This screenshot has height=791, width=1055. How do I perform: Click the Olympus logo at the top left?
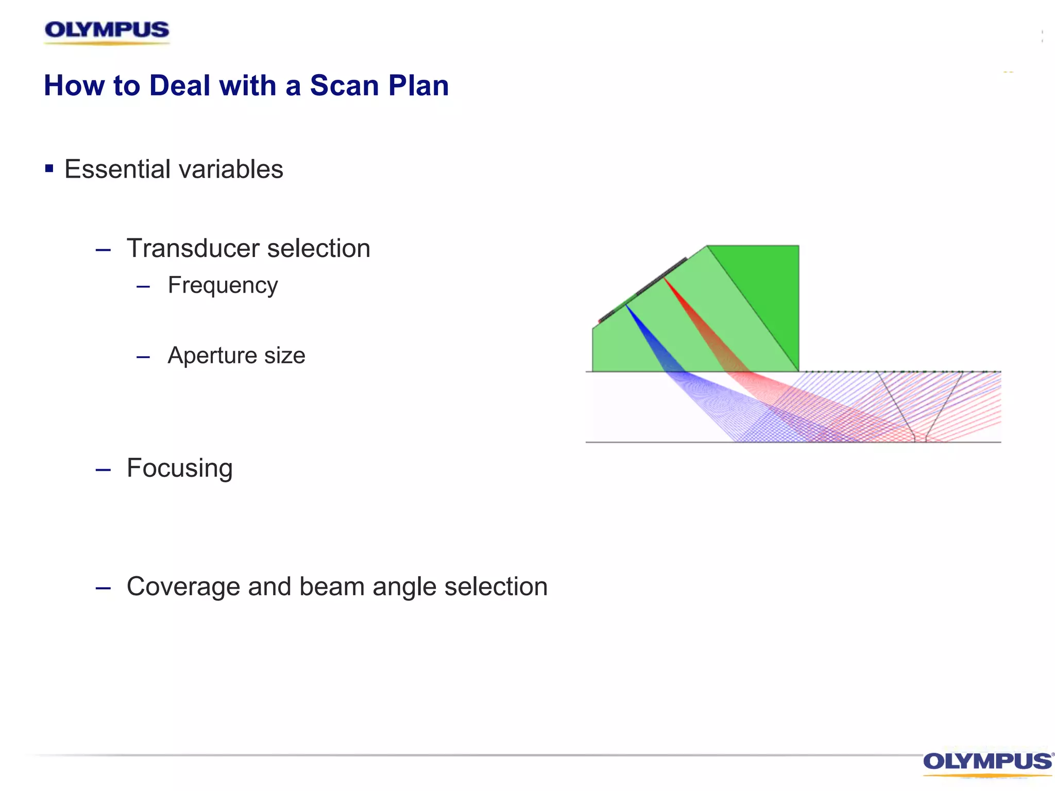point(107,31)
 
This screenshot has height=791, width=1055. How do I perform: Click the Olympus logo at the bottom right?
point(988,763)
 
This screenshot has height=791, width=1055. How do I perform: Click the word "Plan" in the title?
point(418,85)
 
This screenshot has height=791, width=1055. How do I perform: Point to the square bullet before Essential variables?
point(49,168)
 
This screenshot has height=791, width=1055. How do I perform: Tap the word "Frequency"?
point(223,286)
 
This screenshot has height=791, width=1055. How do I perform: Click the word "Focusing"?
point(180,469)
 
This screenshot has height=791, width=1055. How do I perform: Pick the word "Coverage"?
point(183,587)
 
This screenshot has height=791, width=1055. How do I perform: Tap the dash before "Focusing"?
point(103,470)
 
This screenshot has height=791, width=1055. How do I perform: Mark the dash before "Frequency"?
point(143,286)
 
